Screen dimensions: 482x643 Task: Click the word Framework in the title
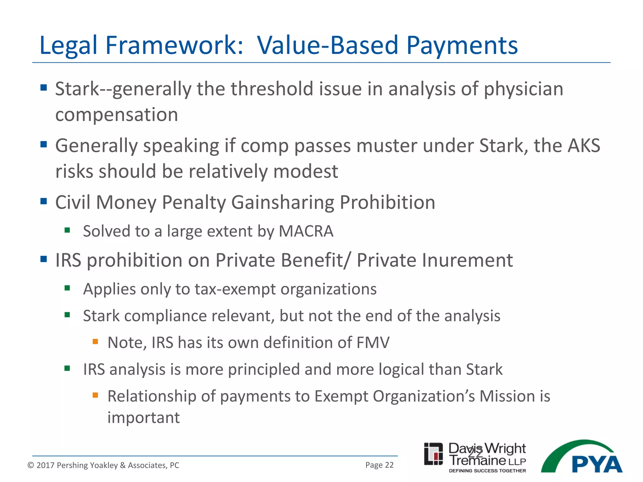(174, 46)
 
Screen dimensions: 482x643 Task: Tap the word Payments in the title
(462, 46)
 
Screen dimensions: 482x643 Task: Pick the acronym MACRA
(306, 231)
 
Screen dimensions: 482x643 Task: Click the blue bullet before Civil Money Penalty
(44, 201)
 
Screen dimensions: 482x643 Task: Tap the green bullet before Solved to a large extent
(67, 230)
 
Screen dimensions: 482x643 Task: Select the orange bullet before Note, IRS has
(95, 341)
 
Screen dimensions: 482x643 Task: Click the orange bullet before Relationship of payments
(95, 395)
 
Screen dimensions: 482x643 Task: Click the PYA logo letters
(597, 464)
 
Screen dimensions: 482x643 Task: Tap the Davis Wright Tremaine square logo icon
(433, 454)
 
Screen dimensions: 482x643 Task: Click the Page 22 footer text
(379, 465)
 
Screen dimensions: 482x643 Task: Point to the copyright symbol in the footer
(31, 465)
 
